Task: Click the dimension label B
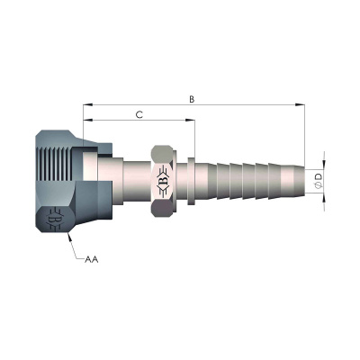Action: click(x=192, y=99)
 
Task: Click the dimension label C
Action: click(x=139, y=114)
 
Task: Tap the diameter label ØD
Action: click(x=319, y=181)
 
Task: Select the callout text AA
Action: click(x=92, y=259)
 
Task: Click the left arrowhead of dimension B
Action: click(x=87, y=104)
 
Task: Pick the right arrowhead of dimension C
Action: click(x=190, y=120)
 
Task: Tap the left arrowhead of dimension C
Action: click(x=87, y=120)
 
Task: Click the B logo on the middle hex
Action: click(x=163, y=181)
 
